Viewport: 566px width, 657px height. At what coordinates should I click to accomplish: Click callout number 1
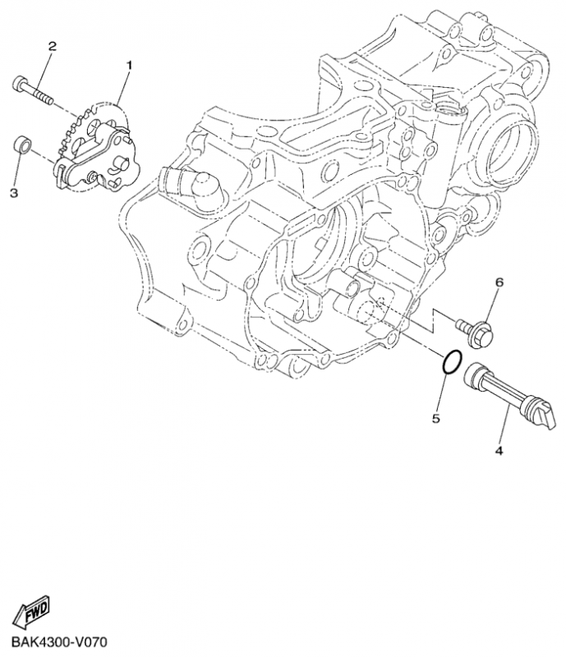coord(128,64)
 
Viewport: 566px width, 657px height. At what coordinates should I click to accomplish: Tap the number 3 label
coord(14,193)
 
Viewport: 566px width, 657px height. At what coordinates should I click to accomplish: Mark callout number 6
coord(498,283)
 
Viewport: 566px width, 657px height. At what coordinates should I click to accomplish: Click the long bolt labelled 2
coord(32,88)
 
